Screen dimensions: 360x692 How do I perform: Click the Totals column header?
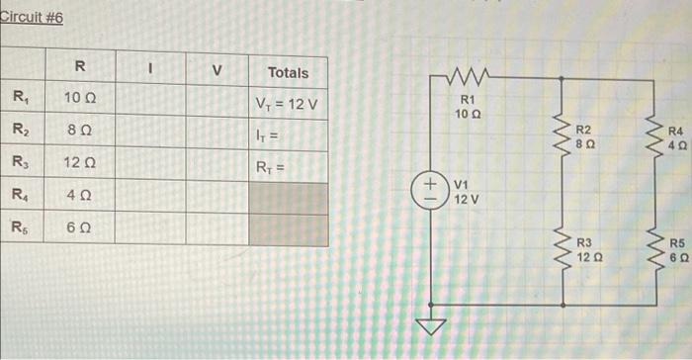287,72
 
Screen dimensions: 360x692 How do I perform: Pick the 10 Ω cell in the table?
79,99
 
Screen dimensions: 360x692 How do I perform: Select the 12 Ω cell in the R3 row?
79,161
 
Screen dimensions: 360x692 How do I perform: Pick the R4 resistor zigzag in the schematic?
653,136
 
